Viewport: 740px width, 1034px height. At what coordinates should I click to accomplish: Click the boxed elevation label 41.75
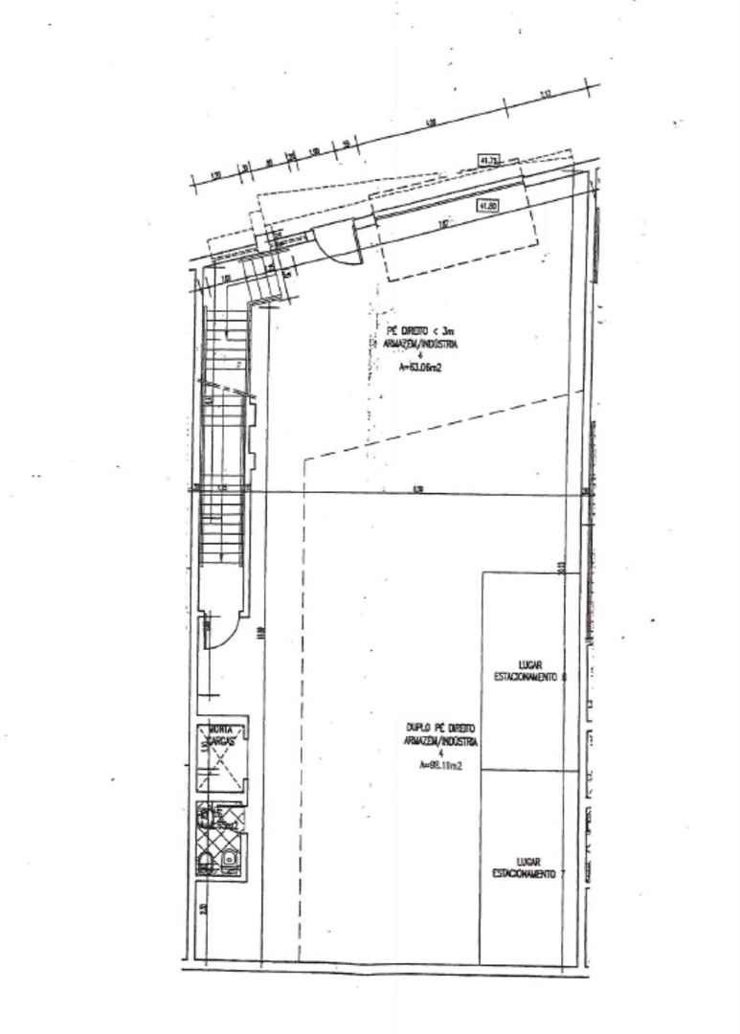pyautogui.click(x=488, y=160)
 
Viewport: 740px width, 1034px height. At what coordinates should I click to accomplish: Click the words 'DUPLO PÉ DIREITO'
pyautogui.click(x=441, y=729)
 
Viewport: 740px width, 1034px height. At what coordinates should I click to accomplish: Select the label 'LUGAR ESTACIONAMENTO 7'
pyautogui.click(x=525, y=867)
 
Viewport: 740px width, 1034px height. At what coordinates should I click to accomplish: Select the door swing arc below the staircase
pyautogui.click(x=216, y=637)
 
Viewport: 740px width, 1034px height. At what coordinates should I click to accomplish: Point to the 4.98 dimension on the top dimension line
pyautogui.click(x=431, y=122)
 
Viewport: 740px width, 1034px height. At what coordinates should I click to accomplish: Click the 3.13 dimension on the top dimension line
pyautogui.click(x=547, y=94)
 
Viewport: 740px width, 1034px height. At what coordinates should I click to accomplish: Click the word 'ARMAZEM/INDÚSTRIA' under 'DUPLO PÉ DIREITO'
pyautogui.click(x=441, y=742)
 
